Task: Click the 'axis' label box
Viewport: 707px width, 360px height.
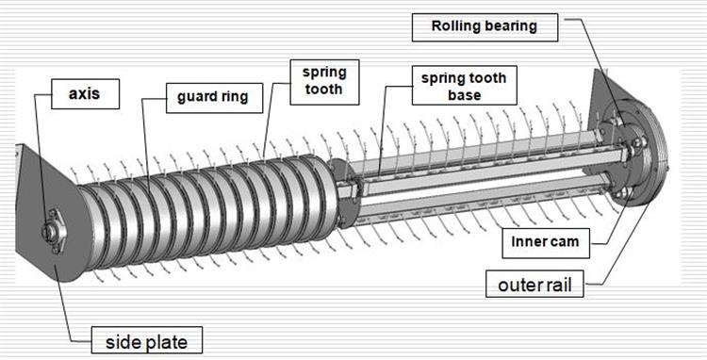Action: tap(85, 94)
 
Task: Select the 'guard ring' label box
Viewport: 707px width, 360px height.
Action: tap(214, 98)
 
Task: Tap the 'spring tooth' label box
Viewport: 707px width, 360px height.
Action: tap(324, 82)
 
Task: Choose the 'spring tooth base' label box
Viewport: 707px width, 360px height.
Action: tap(464, 85)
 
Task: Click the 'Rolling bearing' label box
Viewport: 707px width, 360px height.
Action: tap(485, 27)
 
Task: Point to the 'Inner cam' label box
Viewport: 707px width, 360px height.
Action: tap(546, 242)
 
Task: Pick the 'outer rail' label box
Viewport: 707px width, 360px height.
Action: tap(534, 284)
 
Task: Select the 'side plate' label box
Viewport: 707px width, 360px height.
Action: tap(146, 340)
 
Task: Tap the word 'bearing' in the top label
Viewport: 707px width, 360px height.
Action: tap(507, 26)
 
